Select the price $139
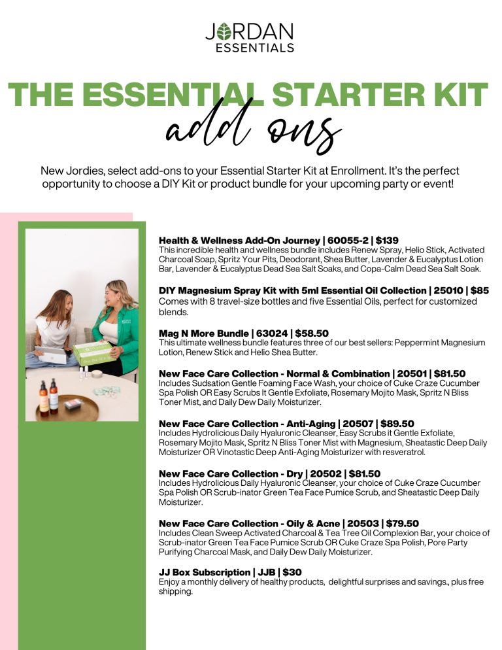[x=387, y=241]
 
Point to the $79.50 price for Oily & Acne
[x=403, y=523]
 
